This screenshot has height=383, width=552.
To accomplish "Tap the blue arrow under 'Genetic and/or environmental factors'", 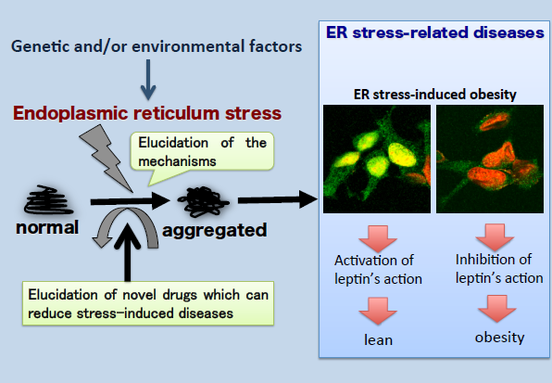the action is (148, 80).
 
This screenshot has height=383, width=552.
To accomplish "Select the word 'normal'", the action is (47, 227).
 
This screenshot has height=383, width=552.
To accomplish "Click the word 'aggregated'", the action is (214, 231).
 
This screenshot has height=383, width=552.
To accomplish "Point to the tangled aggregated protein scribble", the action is (204, 201).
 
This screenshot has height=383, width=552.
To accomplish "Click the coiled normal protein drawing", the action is (48, 200).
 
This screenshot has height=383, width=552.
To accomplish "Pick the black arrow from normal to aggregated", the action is (131, 201).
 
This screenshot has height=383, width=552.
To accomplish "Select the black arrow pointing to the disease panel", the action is (278, 199).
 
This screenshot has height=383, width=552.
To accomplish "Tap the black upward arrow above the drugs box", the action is (128, 252).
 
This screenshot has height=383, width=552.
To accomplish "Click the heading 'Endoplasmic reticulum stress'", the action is (147, 113).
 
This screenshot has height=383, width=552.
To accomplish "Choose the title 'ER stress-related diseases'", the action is (435, 32).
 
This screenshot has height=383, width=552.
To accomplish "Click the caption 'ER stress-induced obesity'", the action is (434, 95).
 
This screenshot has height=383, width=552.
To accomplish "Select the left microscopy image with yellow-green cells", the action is (377, 159).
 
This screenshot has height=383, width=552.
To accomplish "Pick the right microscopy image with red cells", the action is (490, 159).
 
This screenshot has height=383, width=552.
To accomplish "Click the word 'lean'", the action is (378, 340).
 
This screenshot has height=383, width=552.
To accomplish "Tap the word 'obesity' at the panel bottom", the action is (499, 338).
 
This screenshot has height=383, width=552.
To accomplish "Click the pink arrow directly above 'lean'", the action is (378, 311).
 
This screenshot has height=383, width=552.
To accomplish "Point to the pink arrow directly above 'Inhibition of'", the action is (495, 237).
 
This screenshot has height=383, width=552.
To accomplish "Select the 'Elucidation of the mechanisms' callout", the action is (202, 155).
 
